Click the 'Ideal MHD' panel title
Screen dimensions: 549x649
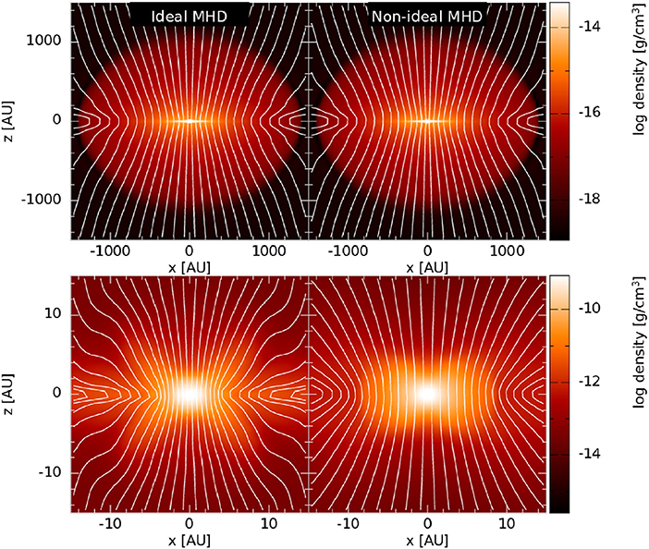pyautogui.click(x=189, y=17)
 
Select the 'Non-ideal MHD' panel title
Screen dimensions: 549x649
pyautogui.click(x=427, y=17)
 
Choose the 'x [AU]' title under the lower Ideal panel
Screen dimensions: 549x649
pyautogui.click(x=189, y=541)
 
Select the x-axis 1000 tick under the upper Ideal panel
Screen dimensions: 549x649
pyautogui.click(x=268, y=250)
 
